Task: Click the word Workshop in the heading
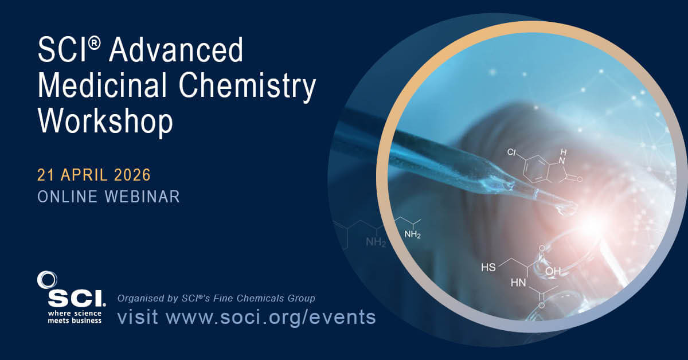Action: [x=105, y=122]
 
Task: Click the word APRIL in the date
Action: [x=84, y=174]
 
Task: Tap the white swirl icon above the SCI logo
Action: [x=46, y=280]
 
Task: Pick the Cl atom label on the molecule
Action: [x=512, y=153]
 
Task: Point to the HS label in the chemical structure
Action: [x=488, y=267]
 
